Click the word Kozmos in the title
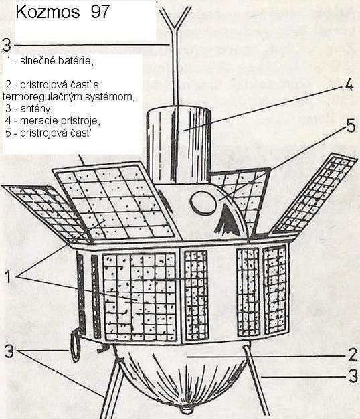[x=48, y=12]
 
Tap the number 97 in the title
[x=100, y=12]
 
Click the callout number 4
[x=349, y=86]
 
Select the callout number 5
[x=351, y=126]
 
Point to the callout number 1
[x=8, y=276]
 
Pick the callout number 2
[x=353, y=355]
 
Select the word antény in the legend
[x=37, y=109]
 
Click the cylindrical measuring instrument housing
[x=179, y=146]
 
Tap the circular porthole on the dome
[x=203, y=203]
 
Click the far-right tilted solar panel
[x=314, y=194]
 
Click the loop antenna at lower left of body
[x=76, y=345]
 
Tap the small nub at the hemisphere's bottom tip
[x=187, y=408]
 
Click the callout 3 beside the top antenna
[x=7, y=45]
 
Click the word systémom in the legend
[x=109, y=97]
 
